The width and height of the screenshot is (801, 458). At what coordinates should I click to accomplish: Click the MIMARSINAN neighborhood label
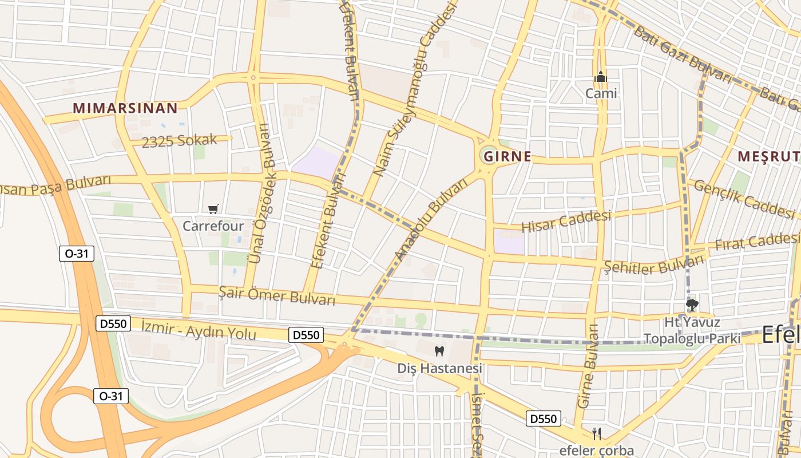pyautogui.click(x=125, y=107)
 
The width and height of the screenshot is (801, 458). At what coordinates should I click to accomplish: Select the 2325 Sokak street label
pyautogui.click(x=180, y=140)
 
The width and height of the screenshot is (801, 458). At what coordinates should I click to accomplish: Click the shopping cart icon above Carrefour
pyautogui.click(x=213, y=210)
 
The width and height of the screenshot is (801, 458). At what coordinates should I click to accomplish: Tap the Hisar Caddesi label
pyautogui.click(x=566, y=221)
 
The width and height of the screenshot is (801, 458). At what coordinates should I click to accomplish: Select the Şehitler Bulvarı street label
pyautogui.click(x=653, y=265)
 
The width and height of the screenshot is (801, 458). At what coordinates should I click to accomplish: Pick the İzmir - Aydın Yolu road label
pyautogui.click(x=199, y=330)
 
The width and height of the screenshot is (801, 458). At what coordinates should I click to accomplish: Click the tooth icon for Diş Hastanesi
pyautogui.click(x=439, y=351)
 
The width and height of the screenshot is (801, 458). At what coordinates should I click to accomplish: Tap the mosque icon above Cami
pyautogui.click(x=600, y=77)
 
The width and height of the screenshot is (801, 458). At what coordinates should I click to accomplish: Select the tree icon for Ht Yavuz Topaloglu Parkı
pyautogui.click(x=692, y=305)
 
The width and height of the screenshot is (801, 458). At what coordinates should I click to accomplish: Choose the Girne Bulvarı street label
pyautogui.click(x=587, y=366)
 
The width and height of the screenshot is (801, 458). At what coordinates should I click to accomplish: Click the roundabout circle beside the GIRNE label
pyautogui.click(x=489, y=155)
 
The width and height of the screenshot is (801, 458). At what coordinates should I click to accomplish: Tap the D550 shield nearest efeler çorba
pyautogui.click(x=543, y=418)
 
